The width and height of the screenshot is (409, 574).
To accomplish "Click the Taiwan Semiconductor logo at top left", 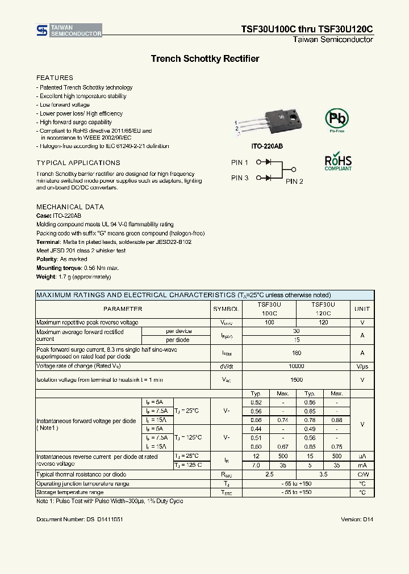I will click(69, 31).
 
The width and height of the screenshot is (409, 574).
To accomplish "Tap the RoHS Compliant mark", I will click(338, 161).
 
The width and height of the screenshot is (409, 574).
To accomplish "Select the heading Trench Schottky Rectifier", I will click(204, 59).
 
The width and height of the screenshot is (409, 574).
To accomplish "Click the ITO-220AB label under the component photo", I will click(267, 146).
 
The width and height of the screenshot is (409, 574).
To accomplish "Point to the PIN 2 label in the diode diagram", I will click(294, 182).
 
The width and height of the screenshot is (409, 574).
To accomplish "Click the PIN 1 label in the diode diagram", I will click(240, 163).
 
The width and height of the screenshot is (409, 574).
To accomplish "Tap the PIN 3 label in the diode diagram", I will click(240, 178).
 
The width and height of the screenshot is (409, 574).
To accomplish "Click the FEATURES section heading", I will click(55, 78).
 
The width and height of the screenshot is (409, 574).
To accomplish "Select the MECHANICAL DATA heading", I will click(70, 207).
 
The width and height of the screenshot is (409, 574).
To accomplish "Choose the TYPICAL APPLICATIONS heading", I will click(78, 163).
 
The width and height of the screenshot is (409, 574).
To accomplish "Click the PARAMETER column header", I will click(123, 309).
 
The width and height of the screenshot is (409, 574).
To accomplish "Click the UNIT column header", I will click(362, 309).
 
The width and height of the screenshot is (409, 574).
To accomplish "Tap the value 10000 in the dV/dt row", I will click(296, 366).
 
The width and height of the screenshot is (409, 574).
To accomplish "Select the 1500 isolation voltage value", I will click(296, 379).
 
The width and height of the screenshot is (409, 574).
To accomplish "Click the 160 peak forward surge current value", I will click(296, 352).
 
